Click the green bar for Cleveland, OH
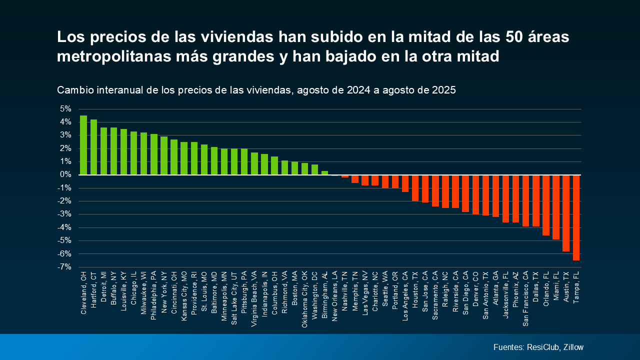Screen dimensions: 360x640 [83, 145]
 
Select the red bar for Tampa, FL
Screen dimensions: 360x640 [576, 217]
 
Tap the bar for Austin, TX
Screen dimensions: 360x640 [566, 213]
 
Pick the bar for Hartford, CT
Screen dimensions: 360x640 [93, 147]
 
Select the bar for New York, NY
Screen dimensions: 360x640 [164, 155]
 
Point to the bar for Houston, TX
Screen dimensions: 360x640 [415, 188]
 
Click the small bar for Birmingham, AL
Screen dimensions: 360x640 [325, 173]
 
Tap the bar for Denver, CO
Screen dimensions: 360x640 [475, 194]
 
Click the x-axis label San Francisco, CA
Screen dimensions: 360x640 [525, 298]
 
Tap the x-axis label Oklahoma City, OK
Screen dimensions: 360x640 [304, 299]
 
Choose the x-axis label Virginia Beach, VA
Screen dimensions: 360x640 [254, 299]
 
